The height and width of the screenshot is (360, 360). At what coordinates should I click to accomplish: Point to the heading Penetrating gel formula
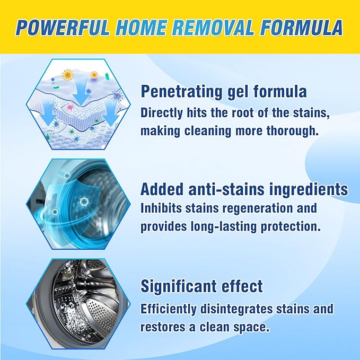tap(223, 92)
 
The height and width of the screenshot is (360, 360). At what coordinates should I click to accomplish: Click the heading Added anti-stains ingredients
tap(244, 189)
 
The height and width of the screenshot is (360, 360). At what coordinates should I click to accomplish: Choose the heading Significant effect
tap(201, 287)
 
